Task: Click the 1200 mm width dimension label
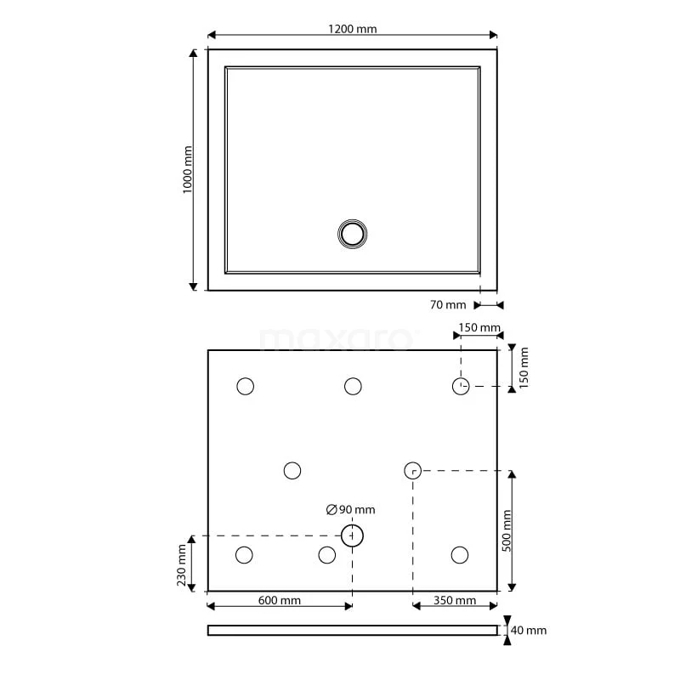point(352,29)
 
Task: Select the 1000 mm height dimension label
point(187,169)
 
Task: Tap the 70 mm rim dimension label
point(448,305)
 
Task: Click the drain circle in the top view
point(353,235)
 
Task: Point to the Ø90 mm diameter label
point(351,509)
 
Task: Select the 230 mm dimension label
point(182,565)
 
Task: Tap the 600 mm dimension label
point(280,601)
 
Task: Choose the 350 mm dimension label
point(455,601)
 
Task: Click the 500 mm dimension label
point(507,530)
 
